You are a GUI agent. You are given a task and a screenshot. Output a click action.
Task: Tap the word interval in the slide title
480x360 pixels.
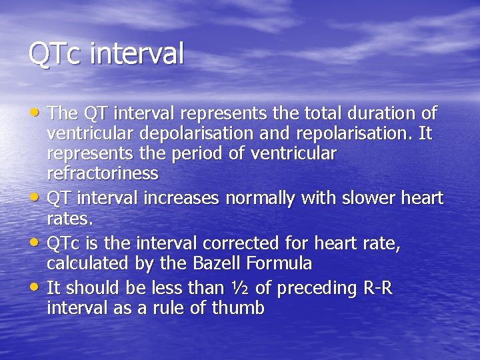[136, 54]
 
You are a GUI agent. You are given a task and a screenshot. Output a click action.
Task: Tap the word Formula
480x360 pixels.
[280, 264]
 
